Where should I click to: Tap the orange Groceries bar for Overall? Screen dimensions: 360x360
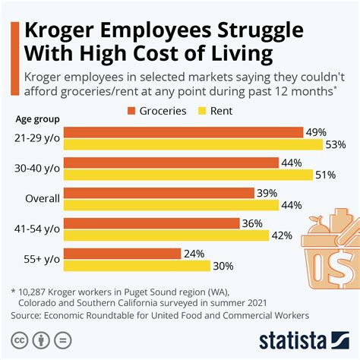click(160, 194)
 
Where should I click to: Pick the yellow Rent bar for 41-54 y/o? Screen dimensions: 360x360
click(167, 235)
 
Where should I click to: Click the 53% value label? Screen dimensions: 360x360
click(334, 145)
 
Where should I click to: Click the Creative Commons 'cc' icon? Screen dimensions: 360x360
click(21, 339)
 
